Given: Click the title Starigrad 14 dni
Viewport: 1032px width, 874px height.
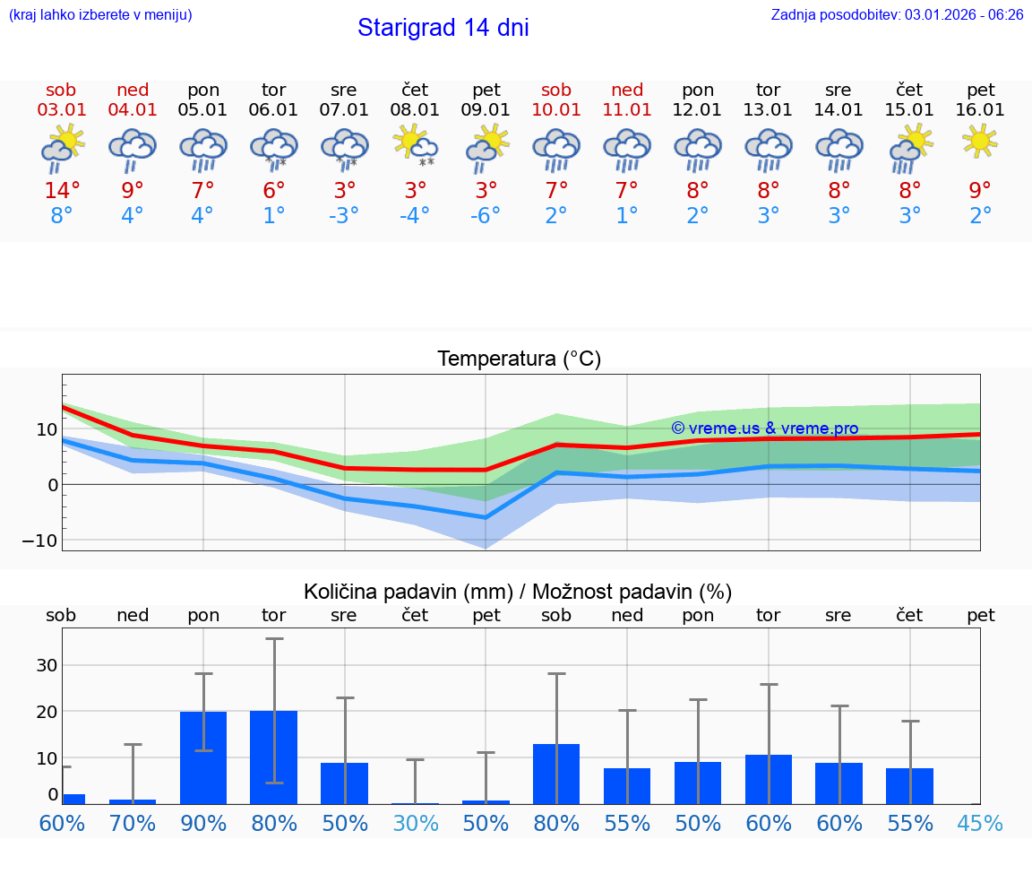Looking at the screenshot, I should (x=443, y=28).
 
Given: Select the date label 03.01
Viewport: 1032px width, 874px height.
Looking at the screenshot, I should (x=62, y=110).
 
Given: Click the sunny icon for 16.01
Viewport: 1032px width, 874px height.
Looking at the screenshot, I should (x=980, y=141).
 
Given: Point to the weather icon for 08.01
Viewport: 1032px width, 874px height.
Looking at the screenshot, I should (x=415, y=145).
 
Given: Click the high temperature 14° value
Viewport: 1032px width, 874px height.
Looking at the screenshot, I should (x=62, y=191).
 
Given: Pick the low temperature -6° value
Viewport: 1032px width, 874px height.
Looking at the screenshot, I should (x=486, y=216).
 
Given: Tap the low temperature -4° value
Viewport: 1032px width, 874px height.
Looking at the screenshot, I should (x=415, y=216).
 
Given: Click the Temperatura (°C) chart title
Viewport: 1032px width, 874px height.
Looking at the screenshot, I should (x=519, y=359).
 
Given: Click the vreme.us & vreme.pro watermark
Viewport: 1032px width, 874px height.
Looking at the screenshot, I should (x=764, y=428).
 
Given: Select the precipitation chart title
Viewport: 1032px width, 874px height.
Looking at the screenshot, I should (x=518, y=592).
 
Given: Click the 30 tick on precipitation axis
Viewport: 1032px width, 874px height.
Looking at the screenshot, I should (x=46, y=665).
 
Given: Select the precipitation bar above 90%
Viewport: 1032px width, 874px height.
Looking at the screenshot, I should (x=203, y=757).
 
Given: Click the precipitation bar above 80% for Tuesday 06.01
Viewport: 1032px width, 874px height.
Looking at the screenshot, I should (x=274, y=757).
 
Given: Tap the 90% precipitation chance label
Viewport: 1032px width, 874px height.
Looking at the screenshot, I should (x=203, y=824).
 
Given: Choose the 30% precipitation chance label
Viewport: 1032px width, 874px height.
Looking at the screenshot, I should (x=415, y=824).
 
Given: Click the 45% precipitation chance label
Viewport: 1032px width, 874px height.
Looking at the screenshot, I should (x=980, y=824).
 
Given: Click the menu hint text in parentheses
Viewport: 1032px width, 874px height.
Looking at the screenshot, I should (x=100, y=14).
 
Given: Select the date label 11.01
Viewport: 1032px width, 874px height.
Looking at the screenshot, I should (x=627, y=110).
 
